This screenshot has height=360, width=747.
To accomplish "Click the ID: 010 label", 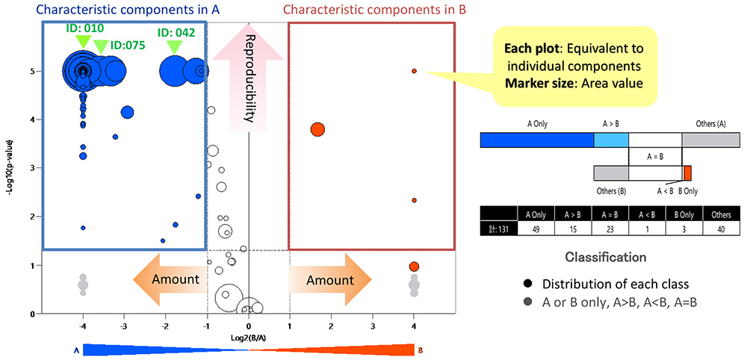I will click(83, 28).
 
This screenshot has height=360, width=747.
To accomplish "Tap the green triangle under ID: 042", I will click(174, 47).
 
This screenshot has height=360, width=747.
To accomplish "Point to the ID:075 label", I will click(127, 45).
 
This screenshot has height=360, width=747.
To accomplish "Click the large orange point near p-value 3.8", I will click(317, 129).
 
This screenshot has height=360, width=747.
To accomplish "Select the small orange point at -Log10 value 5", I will click(414, 71).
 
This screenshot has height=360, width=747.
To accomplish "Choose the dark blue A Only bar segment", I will click(536, 140).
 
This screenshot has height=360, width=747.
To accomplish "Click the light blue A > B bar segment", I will click(611, 140).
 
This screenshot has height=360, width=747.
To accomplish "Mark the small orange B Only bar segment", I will click(687, 173).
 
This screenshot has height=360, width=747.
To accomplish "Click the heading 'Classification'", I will click(606, 257).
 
